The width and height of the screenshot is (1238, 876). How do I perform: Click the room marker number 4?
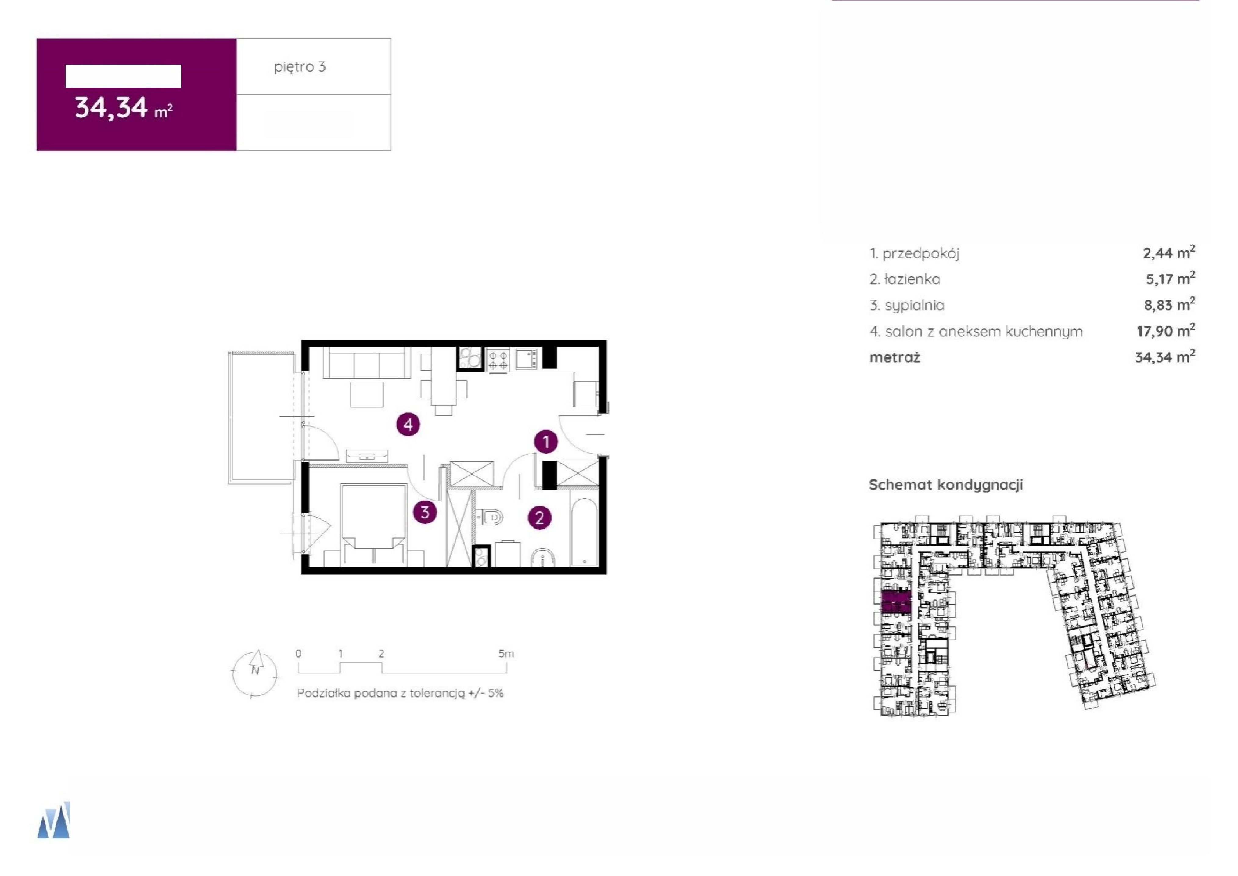[408, 425]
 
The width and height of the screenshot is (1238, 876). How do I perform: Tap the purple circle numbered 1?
[546, 442]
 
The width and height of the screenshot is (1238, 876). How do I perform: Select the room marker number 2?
[539, 518]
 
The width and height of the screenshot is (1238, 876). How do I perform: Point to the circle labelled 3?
[425, 512]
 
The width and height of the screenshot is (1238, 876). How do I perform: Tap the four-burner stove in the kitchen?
[497, 360]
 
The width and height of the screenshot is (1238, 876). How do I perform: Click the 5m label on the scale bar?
[506, 654]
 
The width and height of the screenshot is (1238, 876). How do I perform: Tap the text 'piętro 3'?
[300, 67]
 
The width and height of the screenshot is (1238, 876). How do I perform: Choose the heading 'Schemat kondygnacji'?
[946, 485]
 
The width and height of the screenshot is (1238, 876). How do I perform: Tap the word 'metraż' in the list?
[894, 357]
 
